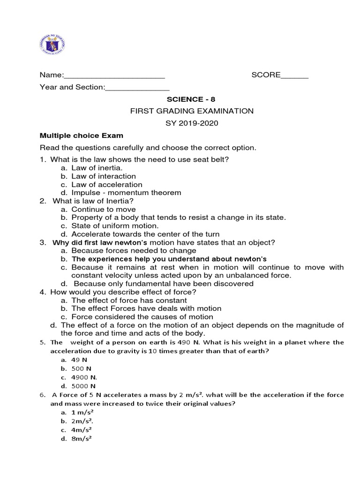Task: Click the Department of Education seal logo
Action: (51, 45)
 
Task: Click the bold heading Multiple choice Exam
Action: (82, 135)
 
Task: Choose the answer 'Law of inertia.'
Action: (97, 168)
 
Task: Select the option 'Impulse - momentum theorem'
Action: (126, 193)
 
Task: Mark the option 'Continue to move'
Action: (104, 210)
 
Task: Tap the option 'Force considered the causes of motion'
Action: (135, 317)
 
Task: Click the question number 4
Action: (43, 292)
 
